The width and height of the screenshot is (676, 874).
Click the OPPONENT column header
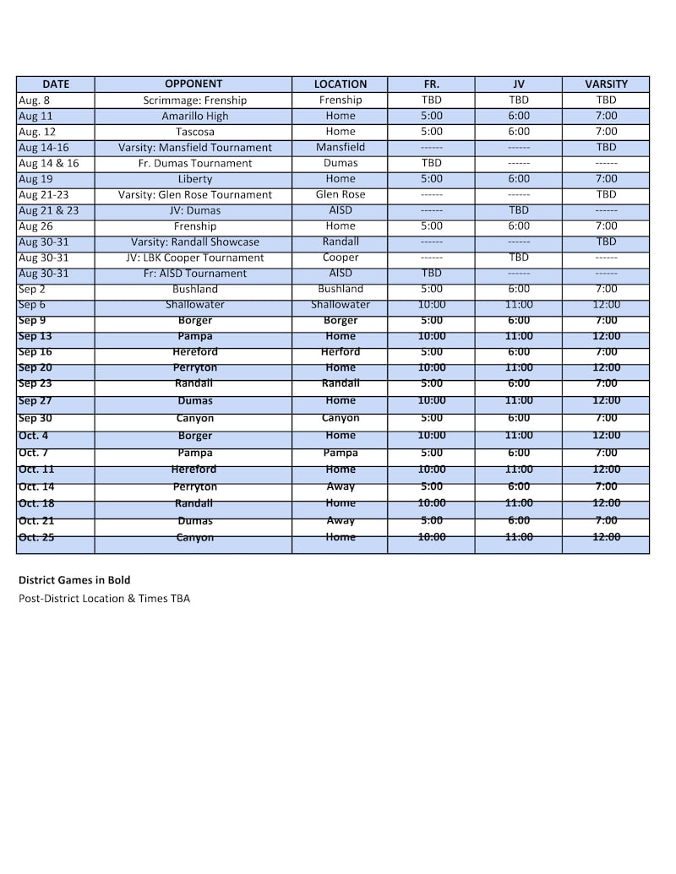[x=194, y=84]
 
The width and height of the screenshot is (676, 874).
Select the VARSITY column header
[x=606, y=84]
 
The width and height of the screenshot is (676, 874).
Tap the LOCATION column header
[x=341, y=84]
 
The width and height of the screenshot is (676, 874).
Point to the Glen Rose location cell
[x=341, y=194]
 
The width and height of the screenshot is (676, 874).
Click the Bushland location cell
[x=341, y=289]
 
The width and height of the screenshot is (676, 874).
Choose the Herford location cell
[x=341, y=351]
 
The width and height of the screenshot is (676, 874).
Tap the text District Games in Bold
[x=74, y=580]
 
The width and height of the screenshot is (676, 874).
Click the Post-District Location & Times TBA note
[x=104, y=599]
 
